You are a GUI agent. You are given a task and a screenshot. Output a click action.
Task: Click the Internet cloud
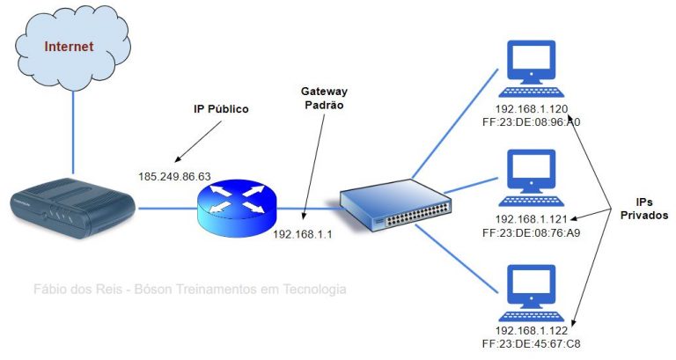(70, 48)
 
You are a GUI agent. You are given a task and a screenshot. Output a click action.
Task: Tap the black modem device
(70, 206)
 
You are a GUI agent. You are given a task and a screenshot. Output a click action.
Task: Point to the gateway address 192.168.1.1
(303, 234)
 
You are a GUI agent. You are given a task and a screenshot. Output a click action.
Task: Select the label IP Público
(221, 110)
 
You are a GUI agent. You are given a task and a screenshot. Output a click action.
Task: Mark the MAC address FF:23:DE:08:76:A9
(532, 233)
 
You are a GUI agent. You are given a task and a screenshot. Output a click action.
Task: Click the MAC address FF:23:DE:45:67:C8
(532, 345)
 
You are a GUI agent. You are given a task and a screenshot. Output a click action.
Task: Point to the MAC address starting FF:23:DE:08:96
(532, 123)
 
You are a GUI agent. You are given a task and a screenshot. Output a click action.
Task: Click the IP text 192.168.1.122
(532, 331)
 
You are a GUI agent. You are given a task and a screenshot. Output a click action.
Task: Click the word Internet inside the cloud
(69, 46)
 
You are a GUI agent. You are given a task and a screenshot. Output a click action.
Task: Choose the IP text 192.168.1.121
(532, 219)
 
